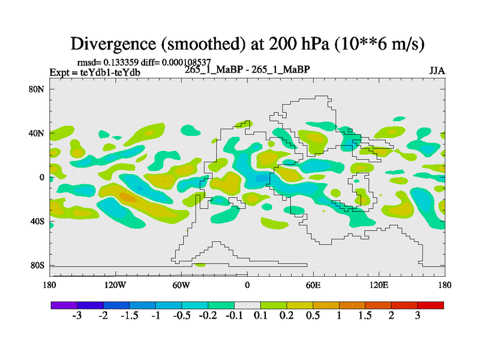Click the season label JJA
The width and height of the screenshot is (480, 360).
point(437,70)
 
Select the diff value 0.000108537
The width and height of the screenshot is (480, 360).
point(185,62)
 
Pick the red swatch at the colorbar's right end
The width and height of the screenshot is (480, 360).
point(431,305)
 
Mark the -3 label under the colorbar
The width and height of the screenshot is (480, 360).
point(77,316)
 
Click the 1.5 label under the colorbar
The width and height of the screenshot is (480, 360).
point(365,316)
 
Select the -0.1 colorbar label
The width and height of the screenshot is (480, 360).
point(234,316)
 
